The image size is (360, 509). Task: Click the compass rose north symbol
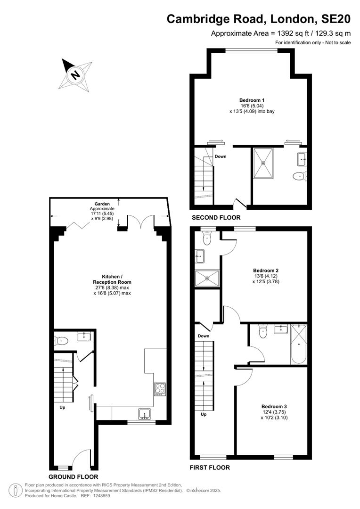tap(75, 75)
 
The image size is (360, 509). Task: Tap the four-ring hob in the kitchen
tap(160, 388)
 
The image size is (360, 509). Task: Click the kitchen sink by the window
tap(145, 414)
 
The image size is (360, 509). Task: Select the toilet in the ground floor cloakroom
tap(62, 341)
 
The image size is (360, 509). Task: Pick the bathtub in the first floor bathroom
tap(299, 344)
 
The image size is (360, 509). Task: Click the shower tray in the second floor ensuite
tap(263, 163)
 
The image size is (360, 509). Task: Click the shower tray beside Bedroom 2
tap(207, 278)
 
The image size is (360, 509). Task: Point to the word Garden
tap(102, 204)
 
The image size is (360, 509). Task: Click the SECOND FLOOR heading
tap(216, 218)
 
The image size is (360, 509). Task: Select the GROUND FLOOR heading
tap(74, 477)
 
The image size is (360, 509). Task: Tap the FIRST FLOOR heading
tap(210, 468)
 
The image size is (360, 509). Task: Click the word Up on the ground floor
tap(62, 407)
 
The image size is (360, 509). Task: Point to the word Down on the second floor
tap(221, 156)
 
